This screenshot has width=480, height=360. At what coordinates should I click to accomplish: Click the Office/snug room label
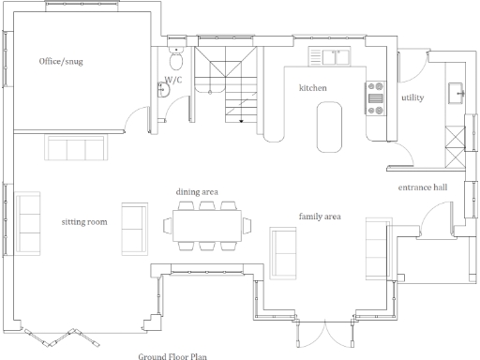61,62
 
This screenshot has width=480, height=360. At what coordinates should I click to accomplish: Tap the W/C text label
173,81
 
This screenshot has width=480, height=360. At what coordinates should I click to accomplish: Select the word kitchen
312,87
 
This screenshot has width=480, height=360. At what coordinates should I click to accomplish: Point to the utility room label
412,97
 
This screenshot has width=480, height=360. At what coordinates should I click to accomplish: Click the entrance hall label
423,187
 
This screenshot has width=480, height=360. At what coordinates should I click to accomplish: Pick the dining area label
197,192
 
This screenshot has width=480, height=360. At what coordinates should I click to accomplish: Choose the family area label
319,217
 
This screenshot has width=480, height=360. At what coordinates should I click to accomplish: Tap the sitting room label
84,222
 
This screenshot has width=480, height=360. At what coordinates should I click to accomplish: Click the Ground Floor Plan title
172,355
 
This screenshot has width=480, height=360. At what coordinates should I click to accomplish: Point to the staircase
229,89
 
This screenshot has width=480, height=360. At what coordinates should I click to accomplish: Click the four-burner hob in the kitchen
377,97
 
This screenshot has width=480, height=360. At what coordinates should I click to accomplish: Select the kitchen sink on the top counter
334,55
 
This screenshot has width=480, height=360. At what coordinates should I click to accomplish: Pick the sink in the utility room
460,92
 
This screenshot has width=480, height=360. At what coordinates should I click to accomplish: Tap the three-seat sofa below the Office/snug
76,148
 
